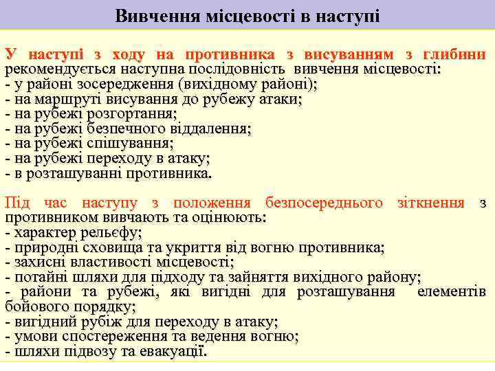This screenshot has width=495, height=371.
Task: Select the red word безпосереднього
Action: click(x=323, y=203)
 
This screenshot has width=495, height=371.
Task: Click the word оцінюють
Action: click(x=228, y=217)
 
